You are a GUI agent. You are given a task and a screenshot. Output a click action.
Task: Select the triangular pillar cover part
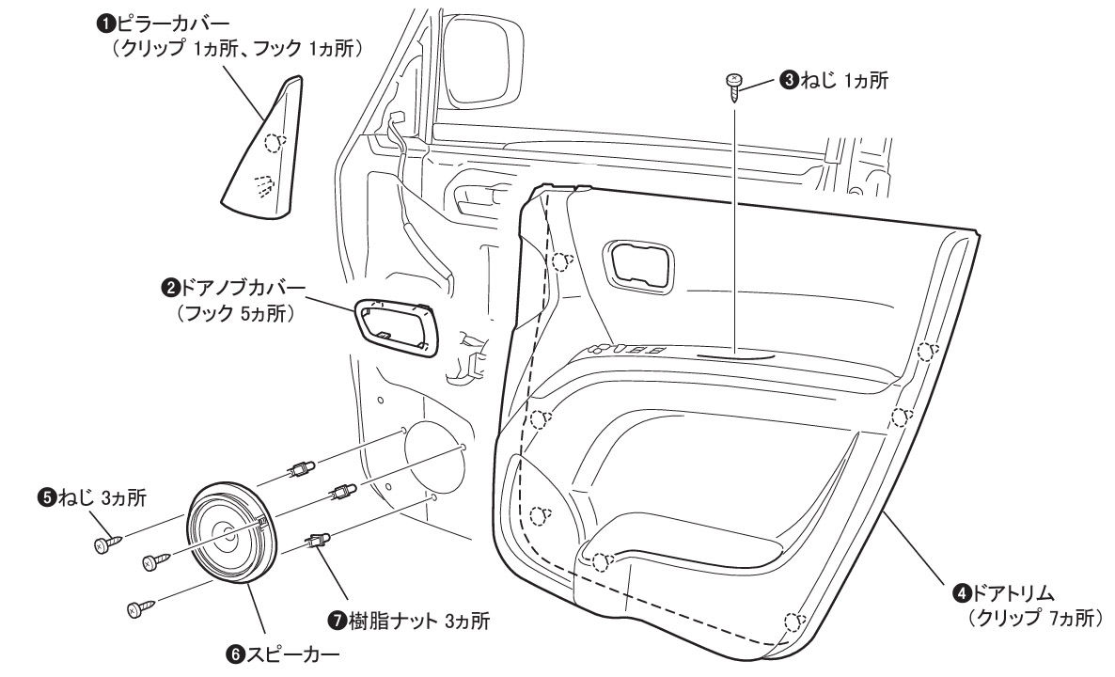click(x=260, y=145)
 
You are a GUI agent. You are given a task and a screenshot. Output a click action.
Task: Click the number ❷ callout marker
click(x=171, y=288)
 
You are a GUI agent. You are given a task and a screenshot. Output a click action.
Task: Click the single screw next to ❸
click(x=733, y=88)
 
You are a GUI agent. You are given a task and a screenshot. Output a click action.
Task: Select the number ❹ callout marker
click(x=961, y=592)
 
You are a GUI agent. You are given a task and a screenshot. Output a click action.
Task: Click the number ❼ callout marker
click(x=338, y=621)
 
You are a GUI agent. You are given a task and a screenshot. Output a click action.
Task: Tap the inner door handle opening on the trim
click(x=637, y=266)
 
